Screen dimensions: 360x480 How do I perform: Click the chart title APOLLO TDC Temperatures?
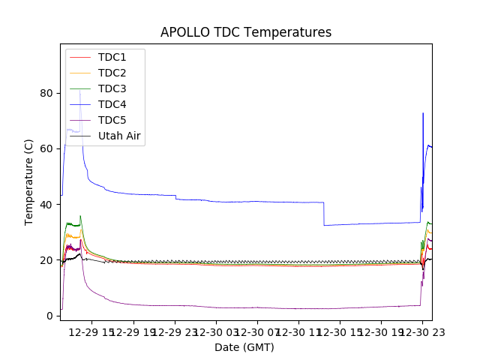click(x=246, y=32)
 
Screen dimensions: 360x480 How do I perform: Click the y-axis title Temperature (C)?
click(x=28, y=181)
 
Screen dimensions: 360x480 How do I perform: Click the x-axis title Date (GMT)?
click(x=244, y=347)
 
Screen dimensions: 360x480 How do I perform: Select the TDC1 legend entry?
click(x=112, y=57)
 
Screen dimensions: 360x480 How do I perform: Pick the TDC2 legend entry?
click(x=112, y=73)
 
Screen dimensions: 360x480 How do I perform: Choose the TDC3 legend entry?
click(x=112, y=88)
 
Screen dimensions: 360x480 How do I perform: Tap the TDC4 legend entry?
click(x=112, y=104)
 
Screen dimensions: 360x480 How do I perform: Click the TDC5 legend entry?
click(x=112, y=120)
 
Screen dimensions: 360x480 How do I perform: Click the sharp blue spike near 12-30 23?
click(x=423, y=114)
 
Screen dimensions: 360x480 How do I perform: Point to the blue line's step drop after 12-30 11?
click(x=324, y=214)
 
